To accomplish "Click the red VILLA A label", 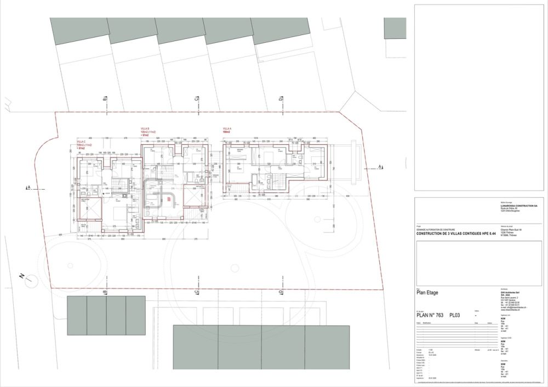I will pyautogui.click(x=226, y=128).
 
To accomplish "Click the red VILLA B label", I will pyautogui.click(x=146, y=128).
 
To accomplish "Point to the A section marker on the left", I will pyautogui.click(x=27, y=188).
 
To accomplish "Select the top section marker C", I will pyautogui.click(x=196, y=99).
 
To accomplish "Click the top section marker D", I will pyautogui.click(x=280, y=99).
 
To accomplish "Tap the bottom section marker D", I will pyautogui.click(x=280, y=294).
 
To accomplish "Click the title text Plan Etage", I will pyautogui.click(x=427, y=293).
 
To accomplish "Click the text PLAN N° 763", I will pyautogui.click(x=431, y=315).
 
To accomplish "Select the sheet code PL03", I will pyautogui.click(x=458, y=315).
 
